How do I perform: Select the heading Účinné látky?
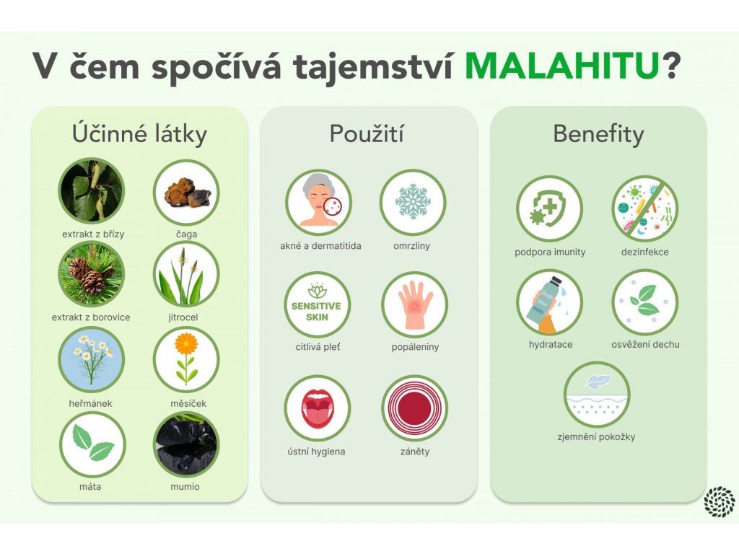[139, 133]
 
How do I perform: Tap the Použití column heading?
[366, 133]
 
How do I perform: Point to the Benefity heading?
[598, 133]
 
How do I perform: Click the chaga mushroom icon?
[186, 192]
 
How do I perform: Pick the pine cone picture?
[92, 274]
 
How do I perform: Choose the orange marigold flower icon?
[186, 359]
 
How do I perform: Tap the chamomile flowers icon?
[92, 359]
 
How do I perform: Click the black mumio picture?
[186, 444]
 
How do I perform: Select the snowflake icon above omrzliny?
[413, 202]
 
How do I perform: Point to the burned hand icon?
[414, 304]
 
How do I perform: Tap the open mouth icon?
[318, 408]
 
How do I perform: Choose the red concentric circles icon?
[414, 408]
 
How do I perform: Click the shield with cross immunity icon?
[549, 208]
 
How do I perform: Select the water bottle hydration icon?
[549, 302]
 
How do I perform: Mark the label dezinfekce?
[644, 252]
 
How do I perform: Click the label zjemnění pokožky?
[596, 437]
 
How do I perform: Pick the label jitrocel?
[183, 317]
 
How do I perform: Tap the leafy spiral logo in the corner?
[720, 502]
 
